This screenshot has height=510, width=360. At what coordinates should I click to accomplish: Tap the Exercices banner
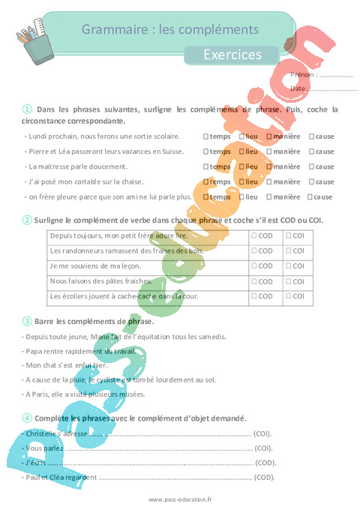click(232, 54)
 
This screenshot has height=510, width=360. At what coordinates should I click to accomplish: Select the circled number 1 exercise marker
click(27, 109)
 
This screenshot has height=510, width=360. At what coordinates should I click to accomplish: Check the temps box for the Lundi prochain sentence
click(205, 136)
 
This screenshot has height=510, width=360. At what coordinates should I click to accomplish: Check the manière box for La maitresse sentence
click(268, 166)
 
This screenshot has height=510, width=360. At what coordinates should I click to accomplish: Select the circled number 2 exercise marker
click(27, 220)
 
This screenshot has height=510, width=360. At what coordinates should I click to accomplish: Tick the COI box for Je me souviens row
click(289, 266)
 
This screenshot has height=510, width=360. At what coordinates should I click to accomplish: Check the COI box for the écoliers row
click(289, 296)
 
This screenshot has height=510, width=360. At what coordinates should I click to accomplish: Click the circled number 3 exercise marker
click(27, 321)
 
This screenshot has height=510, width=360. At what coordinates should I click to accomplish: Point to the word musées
click(132, 394)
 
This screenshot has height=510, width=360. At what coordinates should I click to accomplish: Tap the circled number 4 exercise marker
click(27, 418)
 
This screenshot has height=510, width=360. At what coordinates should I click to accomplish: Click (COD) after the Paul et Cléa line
click(265, 477)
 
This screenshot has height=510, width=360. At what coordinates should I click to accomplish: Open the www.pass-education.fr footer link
click(180, 499)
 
